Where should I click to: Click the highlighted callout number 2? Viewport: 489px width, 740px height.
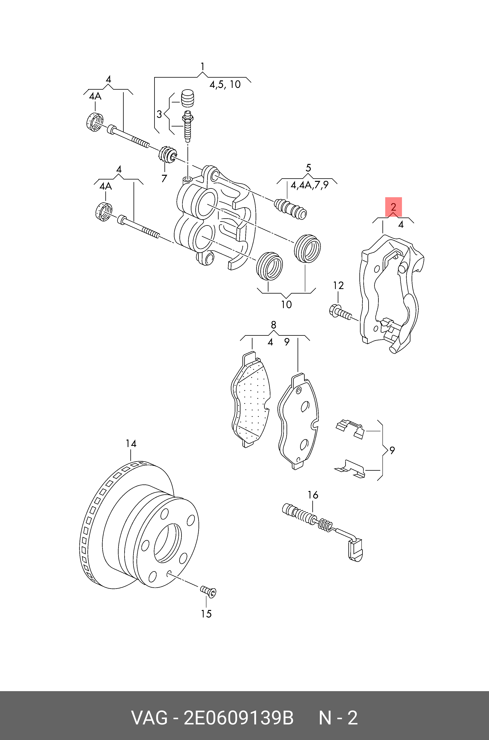pyautogui.click(x=393, y=207)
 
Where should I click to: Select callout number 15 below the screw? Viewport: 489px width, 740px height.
pyautogui.click(x=206, y=614)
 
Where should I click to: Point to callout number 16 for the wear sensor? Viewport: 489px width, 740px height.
pyautogui.click(x=313, y=495)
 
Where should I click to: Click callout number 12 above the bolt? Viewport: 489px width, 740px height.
pyautogui.click(x=338, y=285)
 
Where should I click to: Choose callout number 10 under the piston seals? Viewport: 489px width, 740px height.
pyautogui.click(x=286, y=304)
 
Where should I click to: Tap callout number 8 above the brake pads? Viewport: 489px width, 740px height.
pyautogui.click(x=274, y=325)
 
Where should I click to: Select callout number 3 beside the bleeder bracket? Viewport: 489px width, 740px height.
pyautogui.click(x=159, y=114)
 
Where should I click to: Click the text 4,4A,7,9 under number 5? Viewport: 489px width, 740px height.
pyautogui.click(x=309, y=185)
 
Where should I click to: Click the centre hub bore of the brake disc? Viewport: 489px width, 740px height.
pyautogui.click(x=167, y=543)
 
